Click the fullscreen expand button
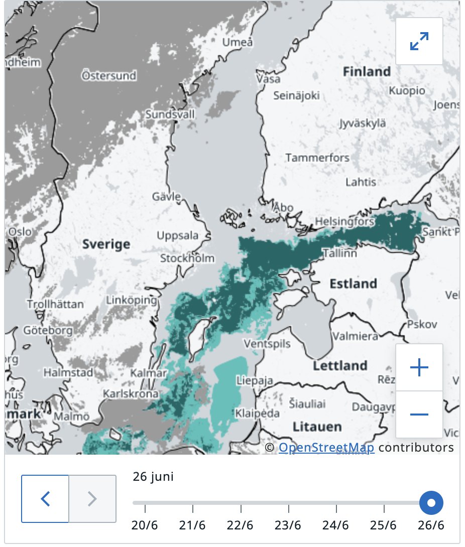pos(419,41)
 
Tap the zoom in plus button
pos(419,367)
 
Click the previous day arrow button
pos(45,498)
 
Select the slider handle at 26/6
pos(431,502)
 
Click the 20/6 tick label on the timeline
pos(145,525)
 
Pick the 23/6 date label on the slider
pos(288,525)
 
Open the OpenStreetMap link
pos(326,447)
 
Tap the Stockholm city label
pos(187,258)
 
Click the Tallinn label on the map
pos(340,253)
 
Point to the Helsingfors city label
pos(344,221)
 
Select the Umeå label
pos(238,43)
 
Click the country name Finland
pos(367,72)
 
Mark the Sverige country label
pos(106,244)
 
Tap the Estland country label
pos(353,284)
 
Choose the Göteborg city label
pos(48,331)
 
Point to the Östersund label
pos(109,76)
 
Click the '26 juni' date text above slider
pos(153,476)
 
